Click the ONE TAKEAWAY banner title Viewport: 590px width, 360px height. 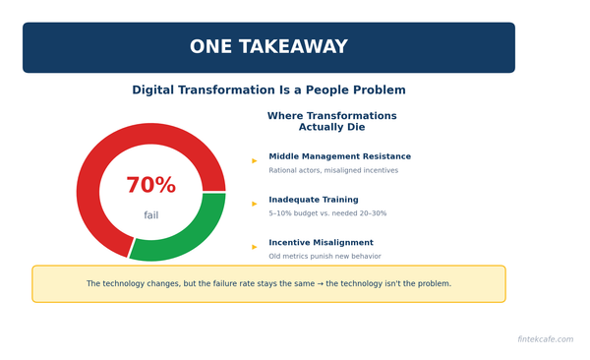(268, 47)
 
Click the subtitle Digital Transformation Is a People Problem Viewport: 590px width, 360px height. (268, 90)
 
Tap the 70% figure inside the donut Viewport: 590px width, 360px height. (150, 186)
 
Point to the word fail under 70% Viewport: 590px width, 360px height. (150, 215)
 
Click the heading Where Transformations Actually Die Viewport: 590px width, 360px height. (331, 121)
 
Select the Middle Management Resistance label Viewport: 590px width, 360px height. (339, 156)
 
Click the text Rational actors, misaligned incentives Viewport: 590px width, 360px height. (333, 170)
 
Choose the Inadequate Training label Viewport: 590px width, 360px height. (314, 200)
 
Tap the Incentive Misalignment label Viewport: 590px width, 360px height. (321, 243)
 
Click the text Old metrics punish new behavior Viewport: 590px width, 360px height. (324, 257)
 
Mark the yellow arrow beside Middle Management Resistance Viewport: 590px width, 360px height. (255, 160)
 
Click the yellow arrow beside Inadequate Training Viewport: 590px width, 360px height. (255, 204)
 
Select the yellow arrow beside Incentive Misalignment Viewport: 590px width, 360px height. (255, 247)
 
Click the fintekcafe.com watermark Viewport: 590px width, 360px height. (545, 339)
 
